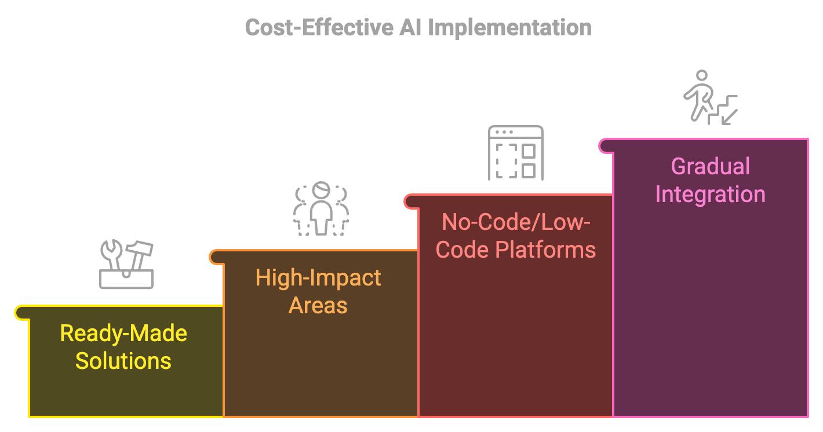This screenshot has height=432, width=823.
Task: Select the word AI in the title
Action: pos(409,27)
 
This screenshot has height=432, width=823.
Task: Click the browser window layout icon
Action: pos(515,152)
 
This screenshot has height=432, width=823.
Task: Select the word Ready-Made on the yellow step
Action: pos(123,334)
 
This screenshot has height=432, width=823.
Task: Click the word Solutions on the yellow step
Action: pos(123,361)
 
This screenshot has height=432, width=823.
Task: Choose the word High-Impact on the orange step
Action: pos(318,278)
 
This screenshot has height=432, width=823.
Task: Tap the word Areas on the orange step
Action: pos(318,305)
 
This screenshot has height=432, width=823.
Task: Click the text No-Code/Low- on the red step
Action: pos(516,222)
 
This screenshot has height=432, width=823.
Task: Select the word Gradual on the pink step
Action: pos(711,167)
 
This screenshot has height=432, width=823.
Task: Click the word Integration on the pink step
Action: pos(711,194)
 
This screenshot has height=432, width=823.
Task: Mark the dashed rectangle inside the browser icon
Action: pos(506,160)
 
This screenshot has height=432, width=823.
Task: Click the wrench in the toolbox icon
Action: pos(112,255)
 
